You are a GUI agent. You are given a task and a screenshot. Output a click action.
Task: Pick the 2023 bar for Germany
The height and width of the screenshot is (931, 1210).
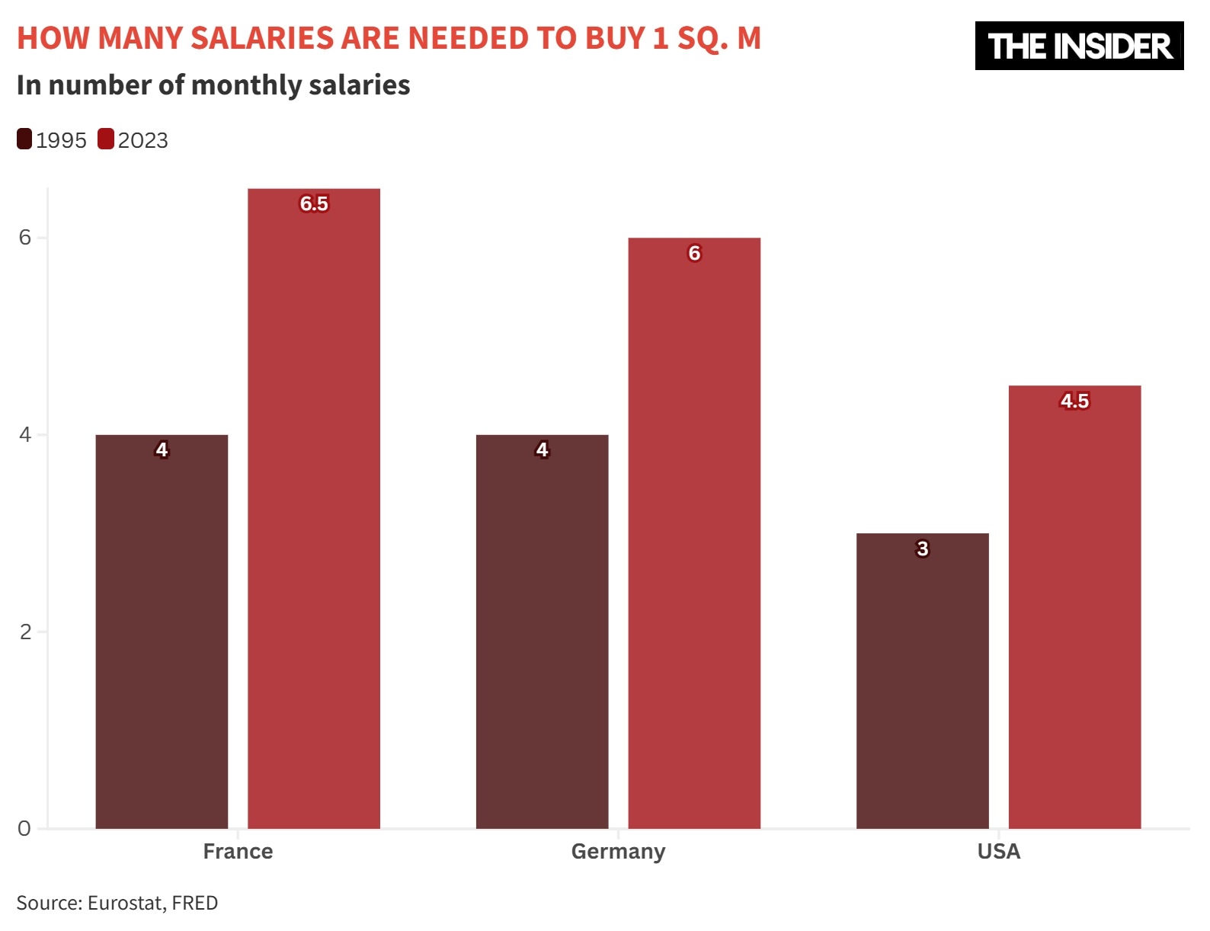(694, 533)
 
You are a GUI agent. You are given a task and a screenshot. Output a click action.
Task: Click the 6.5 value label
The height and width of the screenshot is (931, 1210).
(314, 203)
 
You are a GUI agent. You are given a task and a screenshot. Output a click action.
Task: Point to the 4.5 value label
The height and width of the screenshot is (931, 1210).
(1074, 401)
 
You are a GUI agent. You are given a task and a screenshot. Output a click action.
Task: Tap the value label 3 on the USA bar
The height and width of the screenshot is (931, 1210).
(922, 549)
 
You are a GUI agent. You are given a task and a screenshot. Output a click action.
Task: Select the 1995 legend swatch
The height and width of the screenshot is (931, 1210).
(24, 139)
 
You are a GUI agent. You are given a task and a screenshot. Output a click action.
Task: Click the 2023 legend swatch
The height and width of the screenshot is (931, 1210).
(106, 139)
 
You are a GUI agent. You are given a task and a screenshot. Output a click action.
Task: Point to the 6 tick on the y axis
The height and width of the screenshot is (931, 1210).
(25, 238)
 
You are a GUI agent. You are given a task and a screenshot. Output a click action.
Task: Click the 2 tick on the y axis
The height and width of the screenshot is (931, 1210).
(25, 632)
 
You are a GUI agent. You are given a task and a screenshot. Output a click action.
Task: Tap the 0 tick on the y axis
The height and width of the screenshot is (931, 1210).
(25, 828)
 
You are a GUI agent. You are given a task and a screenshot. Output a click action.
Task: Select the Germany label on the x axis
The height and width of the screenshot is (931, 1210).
(618, 851)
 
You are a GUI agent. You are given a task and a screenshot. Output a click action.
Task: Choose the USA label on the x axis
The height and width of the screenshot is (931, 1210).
(998, 851)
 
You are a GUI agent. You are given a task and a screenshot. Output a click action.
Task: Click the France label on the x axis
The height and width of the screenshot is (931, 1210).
(238, 851)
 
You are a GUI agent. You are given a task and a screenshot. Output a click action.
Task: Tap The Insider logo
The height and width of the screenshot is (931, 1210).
(1079, 46)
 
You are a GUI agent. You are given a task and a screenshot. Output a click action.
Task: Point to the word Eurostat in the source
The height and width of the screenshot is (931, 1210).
(126, 903)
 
